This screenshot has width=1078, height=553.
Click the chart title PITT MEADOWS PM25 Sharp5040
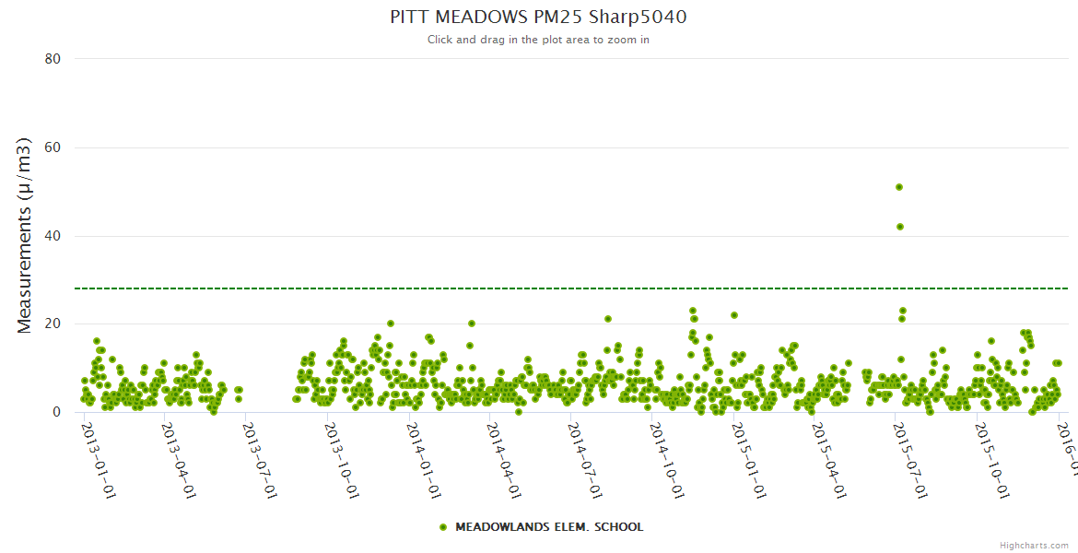click(x=538, y=18)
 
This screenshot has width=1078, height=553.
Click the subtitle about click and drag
click(x=538, y=40)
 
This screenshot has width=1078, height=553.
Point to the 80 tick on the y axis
click(x=53, y=59)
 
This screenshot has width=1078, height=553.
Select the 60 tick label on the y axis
click(x=53, y=147)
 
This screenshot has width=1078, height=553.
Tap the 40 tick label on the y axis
click(x=53, y=236)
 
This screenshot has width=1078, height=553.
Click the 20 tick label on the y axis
click(x=53, y=324)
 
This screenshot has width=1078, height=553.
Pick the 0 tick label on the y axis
click(x=56, y=412)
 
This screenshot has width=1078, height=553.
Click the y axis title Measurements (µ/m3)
click(x=25, y=235)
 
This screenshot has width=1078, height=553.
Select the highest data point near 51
click(x=899, y=187)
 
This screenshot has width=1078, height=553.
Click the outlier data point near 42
click(x=900, y=227)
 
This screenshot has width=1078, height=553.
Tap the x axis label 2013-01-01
click(x=97, y=448)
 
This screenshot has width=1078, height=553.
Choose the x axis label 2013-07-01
click(x=259, y=448)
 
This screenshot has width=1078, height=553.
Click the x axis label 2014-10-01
click(x=665, y=448)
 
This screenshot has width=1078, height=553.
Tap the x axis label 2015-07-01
click(x=908, y=448)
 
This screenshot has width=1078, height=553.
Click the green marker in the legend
click(x=443, y=527)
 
